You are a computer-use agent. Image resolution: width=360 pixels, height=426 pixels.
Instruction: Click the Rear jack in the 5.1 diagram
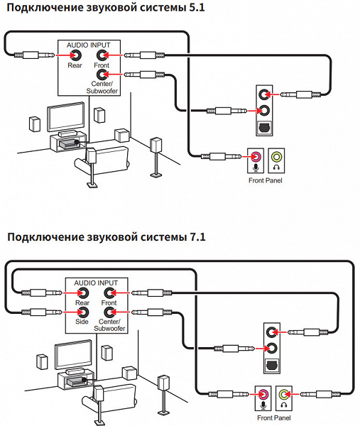coord(76,55)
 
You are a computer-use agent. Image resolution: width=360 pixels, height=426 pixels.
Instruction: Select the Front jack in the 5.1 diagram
coord(102,55)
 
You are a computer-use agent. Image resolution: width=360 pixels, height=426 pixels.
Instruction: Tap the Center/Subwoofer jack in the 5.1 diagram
coord(102,74)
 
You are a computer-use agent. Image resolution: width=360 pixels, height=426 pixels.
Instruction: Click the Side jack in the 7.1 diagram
coord(83,312)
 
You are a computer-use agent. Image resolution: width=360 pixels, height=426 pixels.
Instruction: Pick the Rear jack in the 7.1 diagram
coord(83,293)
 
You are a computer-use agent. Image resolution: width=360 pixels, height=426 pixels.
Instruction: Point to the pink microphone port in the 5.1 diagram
coord(256,157)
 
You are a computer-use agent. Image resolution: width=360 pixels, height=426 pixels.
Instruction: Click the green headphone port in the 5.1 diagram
coord(276,157)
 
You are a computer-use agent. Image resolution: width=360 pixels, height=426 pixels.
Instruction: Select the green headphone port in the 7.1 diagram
coord(284,394)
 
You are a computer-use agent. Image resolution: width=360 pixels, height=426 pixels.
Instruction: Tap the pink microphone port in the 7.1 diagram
coord(263,394)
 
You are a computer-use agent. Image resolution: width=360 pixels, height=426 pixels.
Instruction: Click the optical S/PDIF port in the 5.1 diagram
coord(264,127)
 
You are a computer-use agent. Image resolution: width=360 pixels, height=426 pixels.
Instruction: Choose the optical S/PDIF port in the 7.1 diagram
coord(272,365)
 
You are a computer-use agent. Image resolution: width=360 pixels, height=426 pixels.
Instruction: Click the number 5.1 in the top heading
coord(197,7)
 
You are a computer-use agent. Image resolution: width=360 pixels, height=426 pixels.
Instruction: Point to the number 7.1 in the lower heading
coord(197,237)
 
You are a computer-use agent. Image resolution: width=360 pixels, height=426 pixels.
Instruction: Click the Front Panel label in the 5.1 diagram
coord(266,180)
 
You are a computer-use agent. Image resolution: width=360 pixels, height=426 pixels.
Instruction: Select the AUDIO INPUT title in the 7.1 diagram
coord(96,283)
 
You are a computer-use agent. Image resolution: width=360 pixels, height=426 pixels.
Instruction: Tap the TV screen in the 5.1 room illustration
coord(66,117)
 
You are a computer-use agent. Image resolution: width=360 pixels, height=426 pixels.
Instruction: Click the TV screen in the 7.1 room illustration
coord(73,354)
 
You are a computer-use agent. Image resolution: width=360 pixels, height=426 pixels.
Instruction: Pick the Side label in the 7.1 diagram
coord(82,322)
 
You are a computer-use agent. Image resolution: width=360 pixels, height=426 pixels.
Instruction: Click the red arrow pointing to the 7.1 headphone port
coord(293,394)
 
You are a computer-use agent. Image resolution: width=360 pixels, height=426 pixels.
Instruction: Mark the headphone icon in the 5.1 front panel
coord(277,167)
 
